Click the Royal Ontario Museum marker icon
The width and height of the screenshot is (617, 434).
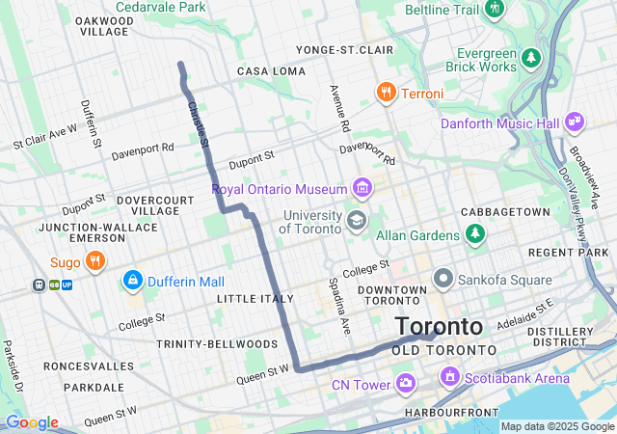pos(362,187)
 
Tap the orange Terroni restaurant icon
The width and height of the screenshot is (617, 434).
pos(386,94)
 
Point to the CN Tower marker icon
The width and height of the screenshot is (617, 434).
pos(406,386)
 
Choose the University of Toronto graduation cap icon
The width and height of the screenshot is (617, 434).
pos(357,222)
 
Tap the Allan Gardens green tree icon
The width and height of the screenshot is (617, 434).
pos(474,234)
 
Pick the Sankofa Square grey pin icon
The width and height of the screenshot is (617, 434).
pos(443,280)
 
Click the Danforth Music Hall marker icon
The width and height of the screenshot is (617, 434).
pos(576,122)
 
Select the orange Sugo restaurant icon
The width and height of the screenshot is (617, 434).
pos(94,260)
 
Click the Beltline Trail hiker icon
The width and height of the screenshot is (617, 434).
pos(495,9)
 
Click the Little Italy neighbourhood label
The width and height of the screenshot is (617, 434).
pos(254,299)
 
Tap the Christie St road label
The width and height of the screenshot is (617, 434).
pos(198,124)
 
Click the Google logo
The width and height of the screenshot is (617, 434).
pos(32,422)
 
